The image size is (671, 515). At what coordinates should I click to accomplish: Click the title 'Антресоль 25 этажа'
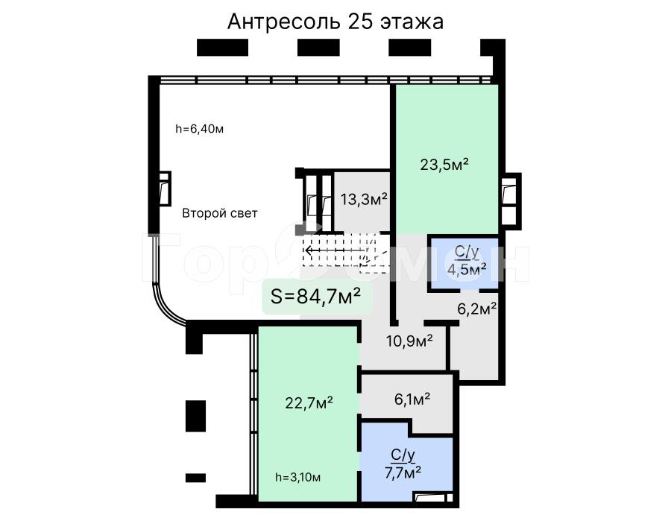point(335,22)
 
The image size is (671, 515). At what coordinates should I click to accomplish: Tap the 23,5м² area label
point(444,164)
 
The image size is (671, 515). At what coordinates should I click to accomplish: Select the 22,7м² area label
point(309,402)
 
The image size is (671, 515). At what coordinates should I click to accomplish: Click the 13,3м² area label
point(364,199)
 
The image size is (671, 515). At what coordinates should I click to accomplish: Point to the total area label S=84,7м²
point(315,296)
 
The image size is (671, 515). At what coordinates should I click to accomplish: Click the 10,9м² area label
point(409,341)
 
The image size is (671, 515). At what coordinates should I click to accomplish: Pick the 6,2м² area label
point(476,309)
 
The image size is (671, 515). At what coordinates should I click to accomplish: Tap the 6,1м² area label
point(412,399)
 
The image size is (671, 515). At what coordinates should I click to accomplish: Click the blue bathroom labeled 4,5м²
point(464,264)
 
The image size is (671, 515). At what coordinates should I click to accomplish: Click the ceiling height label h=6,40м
point(199,129)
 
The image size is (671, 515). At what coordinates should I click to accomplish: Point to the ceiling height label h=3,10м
point(297,477)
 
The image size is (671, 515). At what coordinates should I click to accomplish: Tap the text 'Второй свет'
point(220,213)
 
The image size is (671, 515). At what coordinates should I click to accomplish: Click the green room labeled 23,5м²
point(447,159)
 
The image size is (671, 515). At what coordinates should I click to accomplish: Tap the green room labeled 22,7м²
point(308,414)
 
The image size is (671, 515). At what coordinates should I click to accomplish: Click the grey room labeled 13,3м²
point(362,200)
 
